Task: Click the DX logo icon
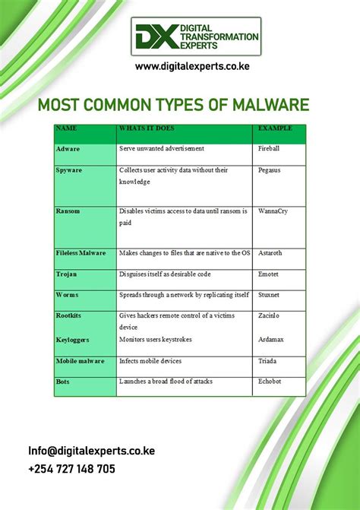coord(156,36)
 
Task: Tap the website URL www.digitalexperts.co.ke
coord(192,67)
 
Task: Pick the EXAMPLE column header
coord(275,128)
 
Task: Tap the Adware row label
coord(68,149)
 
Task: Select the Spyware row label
coord(69,170)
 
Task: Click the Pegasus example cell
coord(270,170)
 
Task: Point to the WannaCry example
coord(273,211)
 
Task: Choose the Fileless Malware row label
coord(81,252)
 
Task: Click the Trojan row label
coord(67,274)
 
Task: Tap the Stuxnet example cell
coord(270,294)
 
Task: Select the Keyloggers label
coord(72,341)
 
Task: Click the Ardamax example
coord(271,341)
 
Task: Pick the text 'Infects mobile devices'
coord(150,362)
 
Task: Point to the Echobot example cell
coord(270,382)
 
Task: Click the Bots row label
coord(63,382)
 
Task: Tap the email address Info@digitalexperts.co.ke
coord(91,451)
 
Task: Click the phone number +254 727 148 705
coord(72,469)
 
